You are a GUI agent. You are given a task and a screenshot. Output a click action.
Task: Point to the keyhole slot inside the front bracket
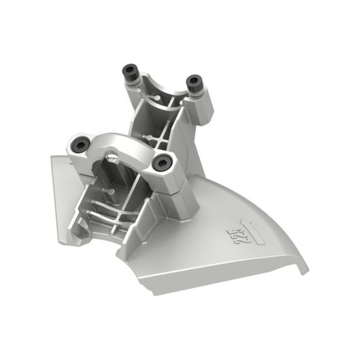pos(108,192)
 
